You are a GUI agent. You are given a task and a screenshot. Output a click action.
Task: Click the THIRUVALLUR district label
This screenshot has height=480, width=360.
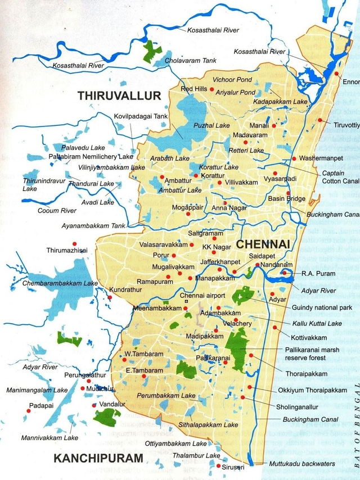pos(119,96)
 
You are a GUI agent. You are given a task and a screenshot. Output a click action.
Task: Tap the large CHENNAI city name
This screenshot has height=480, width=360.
pos(263,244)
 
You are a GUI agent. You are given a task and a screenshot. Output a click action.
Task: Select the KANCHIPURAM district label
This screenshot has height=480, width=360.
pos(98,459)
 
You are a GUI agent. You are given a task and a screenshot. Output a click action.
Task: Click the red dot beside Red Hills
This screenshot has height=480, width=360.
pos(212,89)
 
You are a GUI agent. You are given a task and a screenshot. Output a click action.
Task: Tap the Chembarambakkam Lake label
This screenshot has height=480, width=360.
pos(60,284)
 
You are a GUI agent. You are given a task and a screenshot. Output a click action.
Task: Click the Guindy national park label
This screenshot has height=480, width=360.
pos(322,308)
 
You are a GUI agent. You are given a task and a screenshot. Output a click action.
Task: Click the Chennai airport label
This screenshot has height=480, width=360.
pos(202,296)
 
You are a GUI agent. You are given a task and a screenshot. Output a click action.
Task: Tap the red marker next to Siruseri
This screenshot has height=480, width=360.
pos(218,466)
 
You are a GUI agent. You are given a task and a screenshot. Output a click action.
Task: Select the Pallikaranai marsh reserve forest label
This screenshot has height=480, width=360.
pos(313,354)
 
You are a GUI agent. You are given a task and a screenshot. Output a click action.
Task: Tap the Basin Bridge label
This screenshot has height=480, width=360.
pos(286,199)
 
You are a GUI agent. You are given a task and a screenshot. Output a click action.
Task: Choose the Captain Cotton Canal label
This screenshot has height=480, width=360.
pos(340,178)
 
